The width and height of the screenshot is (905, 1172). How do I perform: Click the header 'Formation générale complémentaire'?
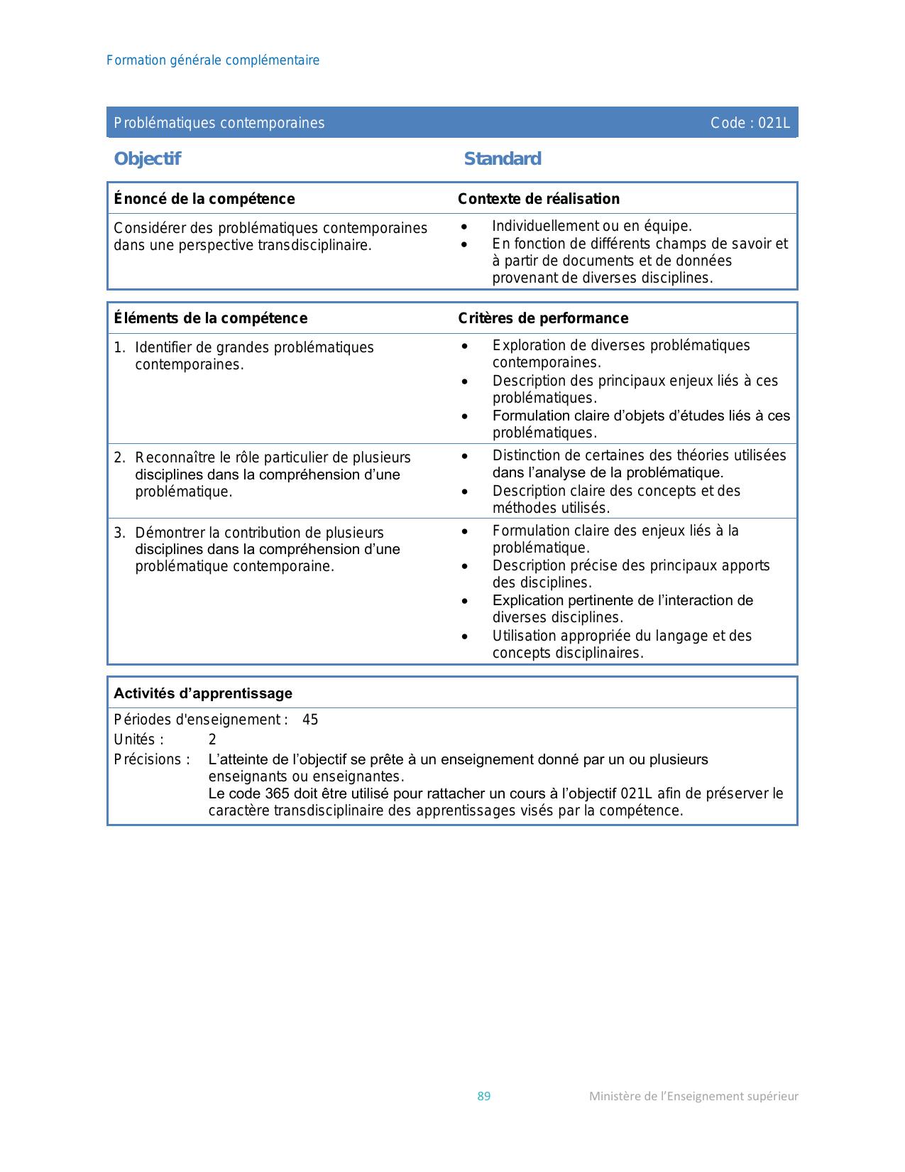click(213, 60)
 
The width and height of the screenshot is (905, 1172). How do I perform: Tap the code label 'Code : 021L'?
click(750, 123)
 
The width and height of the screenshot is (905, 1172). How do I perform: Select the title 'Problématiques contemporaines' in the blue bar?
click(219, 123)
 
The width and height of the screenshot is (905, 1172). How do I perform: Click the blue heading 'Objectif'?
click(148, 158)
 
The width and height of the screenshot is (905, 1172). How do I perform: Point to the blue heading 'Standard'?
click(503, 158)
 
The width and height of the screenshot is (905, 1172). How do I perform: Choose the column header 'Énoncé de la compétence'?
click(204, 199)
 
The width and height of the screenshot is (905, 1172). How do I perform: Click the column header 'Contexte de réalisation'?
click(539, 199)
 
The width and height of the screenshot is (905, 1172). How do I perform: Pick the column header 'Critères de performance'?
click(543, 318)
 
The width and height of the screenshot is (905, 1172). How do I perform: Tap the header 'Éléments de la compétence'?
click(211, 318)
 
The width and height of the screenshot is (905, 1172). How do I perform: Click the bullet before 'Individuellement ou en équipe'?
click(464, 227)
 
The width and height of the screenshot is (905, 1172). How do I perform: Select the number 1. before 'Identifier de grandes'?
click(119, 347)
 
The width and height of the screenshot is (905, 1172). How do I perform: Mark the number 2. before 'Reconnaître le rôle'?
click(119, 457)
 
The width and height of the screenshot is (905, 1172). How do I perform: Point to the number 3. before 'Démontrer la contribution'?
click(119, 533)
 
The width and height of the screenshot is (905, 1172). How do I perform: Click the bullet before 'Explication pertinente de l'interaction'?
click(465, 601)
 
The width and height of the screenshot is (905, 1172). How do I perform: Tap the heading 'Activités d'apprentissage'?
click(203, 693)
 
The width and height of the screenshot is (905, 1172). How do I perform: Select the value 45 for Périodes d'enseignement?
click(310, 720)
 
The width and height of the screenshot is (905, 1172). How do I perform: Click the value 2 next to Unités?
click(212, 739)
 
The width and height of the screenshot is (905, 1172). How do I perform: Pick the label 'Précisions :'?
click(152, 759)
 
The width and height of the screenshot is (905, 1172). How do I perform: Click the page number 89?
click(484, 1096)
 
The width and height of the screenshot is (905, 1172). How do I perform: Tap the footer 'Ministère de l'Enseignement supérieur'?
click(693, 1096)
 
